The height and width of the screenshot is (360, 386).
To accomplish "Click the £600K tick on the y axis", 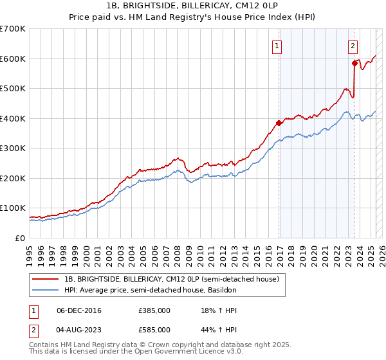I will pyautogui.click(x=13, y=59).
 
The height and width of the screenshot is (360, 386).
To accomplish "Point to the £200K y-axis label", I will pyautogui.click(x=13, y=178).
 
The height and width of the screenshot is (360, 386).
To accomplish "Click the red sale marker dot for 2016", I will pyautogui.click(x=279, y=123).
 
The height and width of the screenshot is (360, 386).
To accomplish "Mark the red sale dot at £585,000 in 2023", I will pyautogui.click(x=354, y=63).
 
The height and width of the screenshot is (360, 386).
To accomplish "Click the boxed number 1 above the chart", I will pyautogui.click(x=277, y=46).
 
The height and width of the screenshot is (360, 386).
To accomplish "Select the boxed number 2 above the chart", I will pyautogui.click(x=353, y=46).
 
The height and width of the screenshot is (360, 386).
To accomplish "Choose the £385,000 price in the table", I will pyautogui.click(x=154, y=310).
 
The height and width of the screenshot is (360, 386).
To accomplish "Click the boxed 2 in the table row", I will pyautogui.click(x=34, y=329).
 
